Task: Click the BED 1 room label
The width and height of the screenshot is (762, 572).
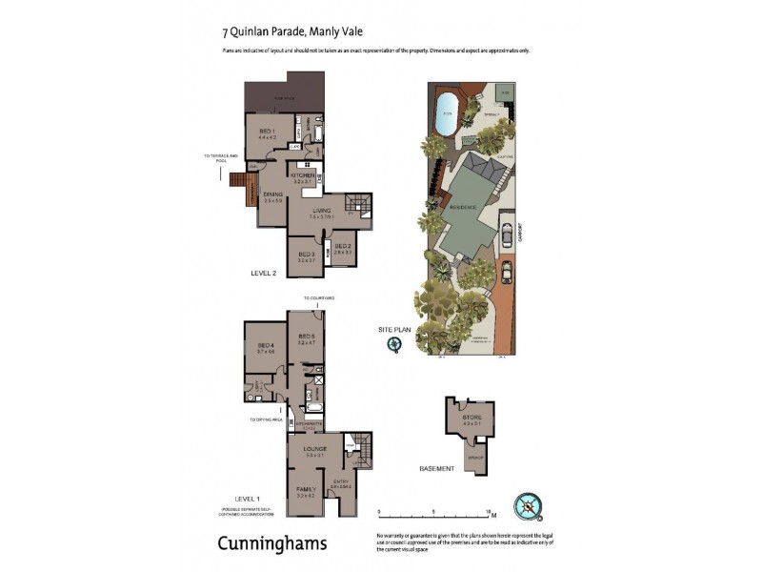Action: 267,131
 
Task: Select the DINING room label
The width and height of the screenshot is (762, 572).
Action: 274,194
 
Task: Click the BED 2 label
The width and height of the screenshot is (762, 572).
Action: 343,246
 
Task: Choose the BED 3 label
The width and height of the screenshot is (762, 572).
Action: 306,254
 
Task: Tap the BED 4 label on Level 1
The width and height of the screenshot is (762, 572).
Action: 265,345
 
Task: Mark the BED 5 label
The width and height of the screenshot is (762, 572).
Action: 306,336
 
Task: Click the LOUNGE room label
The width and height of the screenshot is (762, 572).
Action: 314,448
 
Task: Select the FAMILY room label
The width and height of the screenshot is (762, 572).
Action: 306,489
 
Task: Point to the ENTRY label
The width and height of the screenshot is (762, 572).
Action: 341,481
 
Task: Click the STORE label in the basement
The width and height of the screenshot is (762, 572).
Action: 471,418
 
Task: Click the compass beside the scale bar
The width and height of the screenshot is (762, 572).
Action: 526,505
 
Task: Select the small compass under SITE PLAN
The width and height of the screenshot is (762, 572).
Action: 393,346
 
